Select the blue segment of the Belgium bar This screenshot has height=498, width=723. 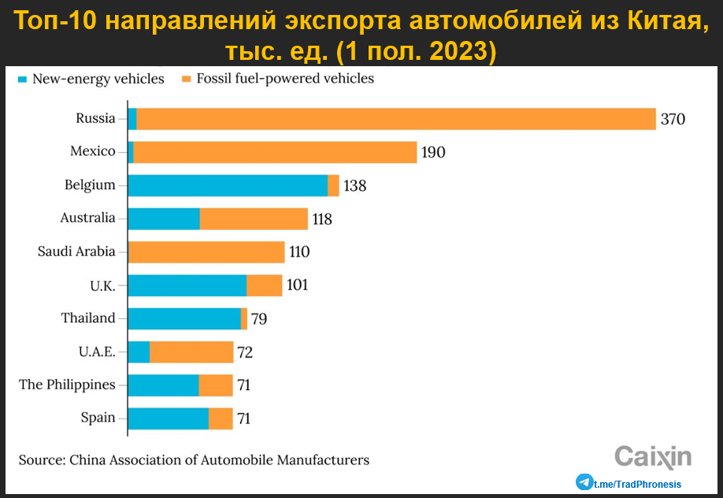pyautogui.click(x=228, y=185)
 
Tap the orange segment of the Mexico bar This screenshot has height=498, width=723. pyautogui.click(x=275, y=152)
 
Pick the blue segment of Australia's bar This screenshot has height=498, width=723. pyautogui.click(x=164, y=219)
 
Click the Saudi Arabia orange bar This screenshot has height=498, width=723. pyautogui.click(x=206, y=252)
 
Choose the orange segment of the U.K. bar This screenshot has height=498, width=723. pyautogui.click(x=264, y=285)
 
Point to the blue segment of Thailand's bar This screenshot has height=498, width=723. pyautogui.click(x=184, y=318)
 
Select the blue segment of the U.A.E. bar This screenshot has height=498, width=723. pyautogui.click(x=139, y=352)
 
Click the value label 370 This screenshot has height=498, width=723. pyautogui.click(x=673, y=119)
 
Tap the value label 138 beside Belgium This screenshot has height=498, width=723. pyautogui.click(x=355, y=186)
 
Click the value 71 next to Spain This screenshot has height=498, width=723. pyautogui.click(x=244, y=418)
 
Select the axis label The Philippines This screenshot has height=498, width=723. pyautogui.click(x=67, y=385)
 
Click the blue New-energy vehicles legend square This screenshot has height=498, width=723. pyautogui.click(x=23, y=79)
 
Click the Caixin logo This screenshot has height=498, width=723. pyautogui.click(x=652, y=456)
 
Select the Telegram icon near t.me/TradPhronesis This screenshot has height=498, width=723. pyautogui.click(x=584, y=482)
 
